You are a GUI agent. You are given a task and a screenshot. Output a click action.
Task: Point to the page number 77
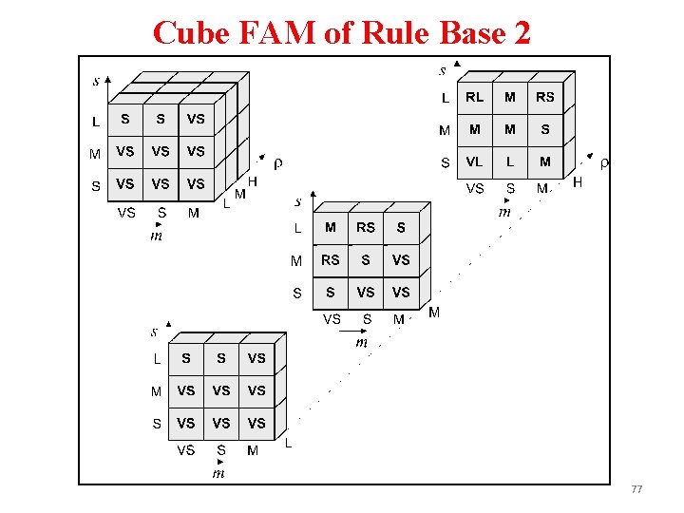pyautogui.click(x=636, y=489)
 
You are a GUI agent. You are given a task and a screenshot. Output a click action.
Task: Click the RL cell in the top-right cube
pyautogui.click(x=475, y=97)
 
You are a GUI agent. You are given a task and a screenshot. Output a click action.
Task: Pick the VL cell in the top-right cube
pyautogui.click(x=475, y=161)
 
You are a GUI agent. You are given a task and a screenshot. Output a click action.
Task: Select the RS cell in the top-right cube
pyautogui.click(x=544, y=97)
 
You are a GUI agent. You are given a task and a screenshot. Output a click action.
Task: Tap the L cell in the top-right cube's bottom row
pyautogui.click(x=510, y=161)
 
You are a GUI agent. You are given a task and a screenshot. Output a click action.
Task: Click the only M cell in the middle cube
pyautogui.click(x=331, y=227)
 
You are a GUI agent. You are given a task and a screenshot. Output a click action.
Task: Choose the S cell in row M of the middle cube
pyautogui.click(x=366, y=259)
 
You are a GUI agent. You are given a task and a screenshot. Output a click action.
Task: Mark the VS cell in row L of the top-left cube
pyautogui.click(x=196, y=119)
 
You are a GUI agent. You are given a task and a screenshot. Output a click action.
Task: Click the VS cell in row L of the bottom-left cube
pyautogui.click(x=256, y=358)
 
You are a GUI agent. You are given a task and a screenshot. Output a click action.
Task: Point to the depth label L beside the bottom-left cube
pyautogui.click(x=288, y=443)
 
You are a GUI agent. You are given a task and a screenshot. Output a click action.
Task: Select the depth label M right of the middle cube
pyautogui.click(x=434, y=312)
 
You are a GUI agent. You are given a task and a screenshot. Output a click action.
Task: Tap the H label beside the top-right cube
pyautogui.click(x=578, y=181)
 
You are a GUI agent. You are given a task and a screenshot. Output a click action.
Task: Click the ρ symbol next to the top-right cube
pyautogui.click(x=605, y=163)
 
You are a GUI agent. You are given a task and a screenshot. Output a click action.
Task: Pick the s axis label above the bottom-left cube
pyautogui.click(x=154, y=332)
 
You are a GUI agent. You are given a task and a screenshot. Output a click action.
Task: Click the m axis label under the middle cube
pyautogui.click(x=362, y=342)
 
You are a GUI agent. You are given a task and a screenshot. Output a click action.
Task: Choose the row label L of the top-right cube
pyautogui.click(x=445, y=97)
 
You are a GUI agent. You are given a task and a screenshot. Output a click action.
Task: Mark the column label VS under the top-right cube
pyautogui.click(x=475, y=189)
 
